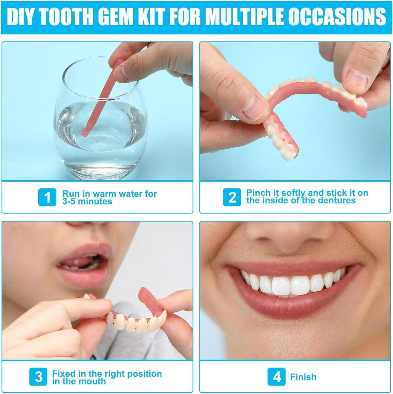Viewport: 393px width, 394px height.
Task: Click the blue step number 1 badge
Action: click(x=47, y=197)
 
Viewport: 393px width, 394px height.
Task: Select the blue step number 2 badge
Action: click(x=232, y=197)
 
